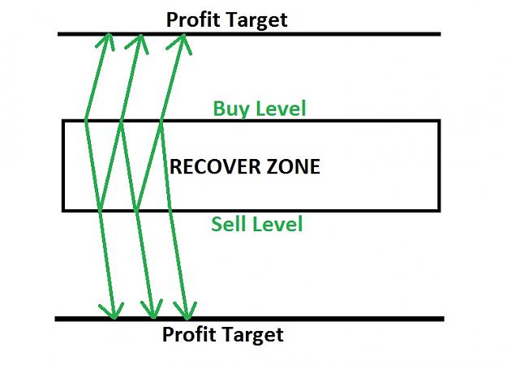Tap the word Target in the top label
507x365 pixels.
pyautogui.click(x=256, y=21)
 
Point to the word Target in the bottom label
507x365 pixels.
pyautogui.click(x=252, y=335)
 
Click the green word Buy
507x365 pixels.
pyautogui.click(x=232, y=109)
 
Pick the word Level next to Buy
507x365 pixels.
pyautogui.click(x=281, y=109)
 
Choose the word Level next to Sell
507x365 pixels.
pyautogui.click(x=277, y=224)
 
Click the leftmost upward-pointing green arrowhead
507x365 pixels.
pyautogui.click(x=106, y=41)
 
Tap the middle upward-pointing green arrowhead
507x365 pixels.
pyautogui.click(x=138, y=44)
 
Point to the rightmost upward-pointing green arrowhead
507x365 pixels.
pyautogui.click(x=180, y=44)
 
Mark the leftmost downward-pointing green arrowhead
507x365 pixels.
pyautogui.click(x=112, y=311)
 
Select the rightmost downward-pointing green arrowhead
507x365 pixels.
pyautogui.click(x=186, y=311)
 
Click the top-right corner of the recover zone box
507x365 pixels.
pyautogui.click(x=440, y=121)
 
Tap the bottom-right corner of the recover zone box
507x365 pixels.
pyautogui.click(x=440, y=211)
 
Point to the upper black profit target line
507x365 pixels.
pyautogui.click(x=249, y=34)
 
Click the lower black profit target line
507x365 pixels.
pyautogui.click(x=250, y=319)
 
